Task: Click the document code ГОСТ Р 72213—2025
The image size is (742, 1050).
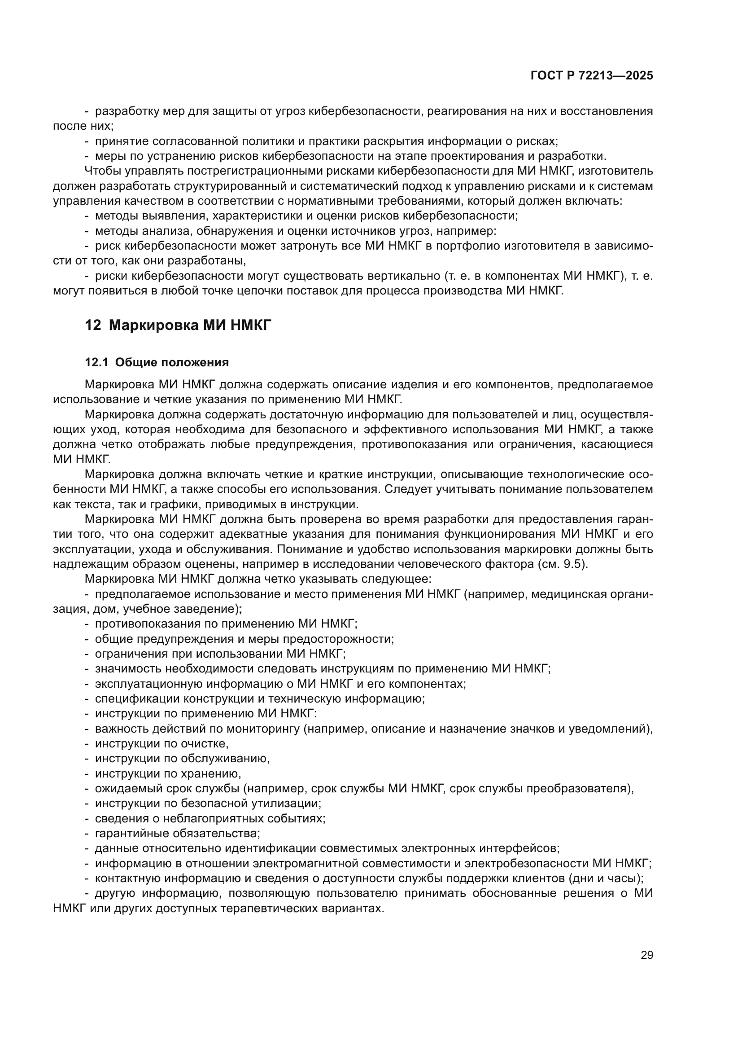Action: pos(592,76)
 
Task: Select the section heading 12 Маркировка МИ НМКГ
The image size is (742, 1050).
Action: pos(178,325)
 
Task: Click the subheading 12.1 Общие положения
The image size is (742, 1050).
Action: pos(157,363)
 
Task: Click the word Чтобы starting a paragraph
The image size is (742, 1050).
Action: pos(101,171)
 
